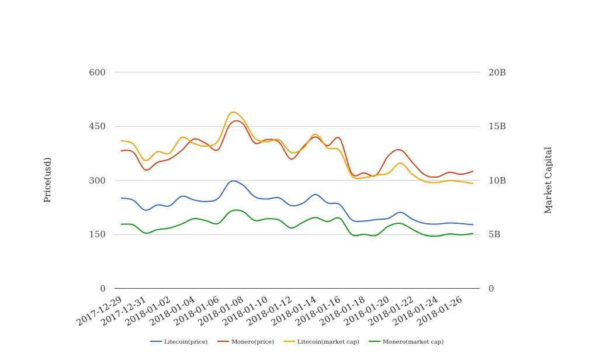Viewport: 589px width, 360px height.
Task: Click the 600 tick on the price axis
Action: (x=97, y=72)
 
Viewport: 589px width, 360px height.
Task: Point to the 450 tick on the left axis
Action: (x=97, y=126)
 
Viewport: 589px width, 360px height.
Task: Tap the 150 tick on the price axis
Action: (x=97, y=234)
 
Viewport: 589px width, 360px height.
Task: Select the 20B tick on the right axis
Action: (x=497, y=72)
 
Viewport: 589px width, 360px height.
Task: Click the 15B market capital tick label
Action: (x=497, y=126)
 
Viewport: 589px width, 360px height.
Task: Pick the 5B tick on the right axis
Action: (x=494, y=234)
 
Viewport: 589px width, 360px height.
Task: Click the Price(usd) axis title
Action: (x=48, y=179)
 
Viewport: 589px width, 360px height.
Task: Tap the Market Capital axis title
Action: (x=548, y=180)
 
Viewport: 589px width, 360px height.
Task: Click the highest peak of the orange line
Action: (x=233, y=112)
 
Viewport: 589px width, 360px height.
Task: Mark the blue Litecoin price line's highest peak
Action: (x=233, y=181)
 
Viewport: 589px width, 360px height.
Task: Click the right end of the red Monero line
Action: (x=473, y=171)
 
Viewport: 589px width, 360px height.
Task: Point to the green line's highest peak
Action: (x=235, y=210)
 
